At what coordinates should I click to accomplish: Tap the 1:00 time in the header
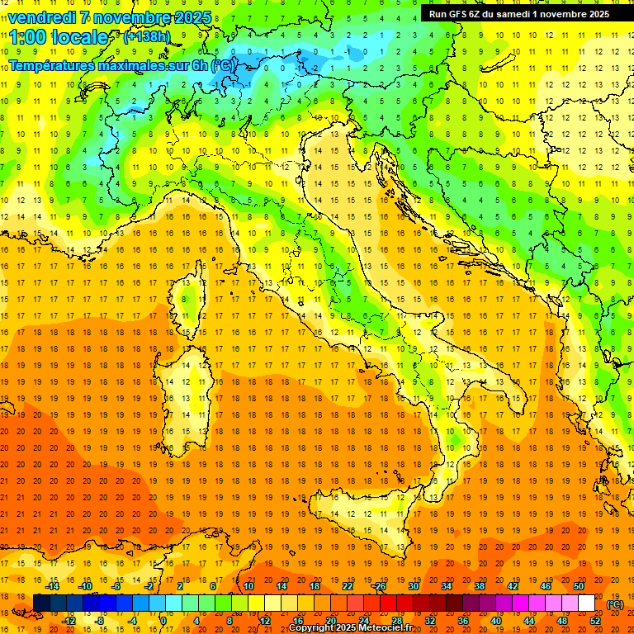pos(29,38)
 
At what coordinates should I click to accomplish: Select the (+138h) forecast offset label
pos(146,37)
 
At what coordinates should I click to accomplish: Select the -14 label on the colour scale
pos(54,586)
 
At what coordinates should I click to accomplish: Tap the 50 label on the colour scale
pos(578,586)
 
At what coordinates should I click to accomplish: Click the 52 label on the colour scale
pos(594,621)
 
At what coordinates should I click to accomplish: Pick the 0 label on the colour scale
pos(163,621)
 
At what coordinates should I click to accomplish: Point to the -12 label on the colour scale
pos(69,621)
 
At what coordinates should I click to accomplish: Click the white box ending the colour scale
pos(586,603)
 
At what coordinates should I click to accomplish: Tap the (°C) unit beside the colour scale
pos(615,604)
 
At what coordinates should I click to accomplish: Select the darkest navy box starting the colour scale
pos(41,603)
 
